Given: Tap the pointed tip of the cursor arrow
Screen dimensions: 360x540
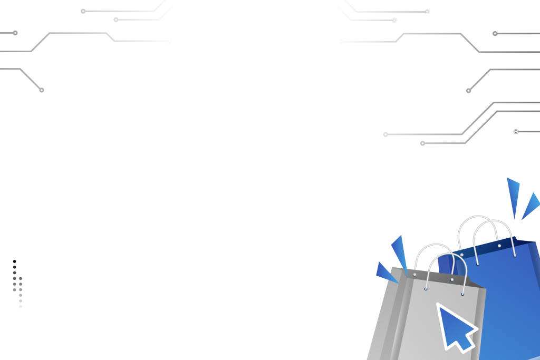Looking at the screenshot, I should [x=438, y=305].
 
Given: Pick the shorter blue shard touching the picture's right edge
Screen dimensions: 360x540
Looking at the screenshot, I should [x=532, y=206].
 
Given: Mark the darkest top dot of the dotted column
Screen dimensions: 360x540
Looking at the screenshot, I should [x=15, y=261].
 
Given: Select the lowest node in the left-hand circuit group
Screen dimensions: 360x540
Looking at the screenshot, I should [x=42, y=90].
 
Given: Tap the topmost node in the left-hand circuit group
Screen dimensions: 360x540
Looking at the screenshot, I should [x=83, y=11].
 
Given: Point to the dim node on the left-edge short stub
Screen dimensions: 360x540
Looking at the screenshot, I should [x=15, y=33].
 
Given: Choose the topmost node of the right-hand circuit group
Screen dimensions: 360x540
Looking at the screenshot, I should [x=427, y=12].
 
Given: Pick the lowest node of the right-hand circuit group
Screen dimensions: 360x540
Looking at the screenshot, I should [x=422, y=143].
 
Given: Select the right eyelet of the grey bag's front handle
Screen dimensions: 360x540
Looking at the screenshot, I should [x=462, y=294].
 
